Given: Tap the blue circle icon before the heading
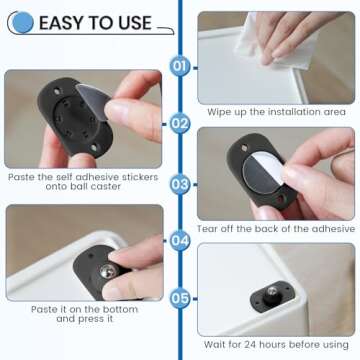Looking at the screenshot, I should coord(22,22).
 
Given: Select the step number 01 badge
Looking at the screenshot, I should coord(180,67).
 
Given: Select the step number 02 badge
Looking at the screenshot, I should coord(180,124).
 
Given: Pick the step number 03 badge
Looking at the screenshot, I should coord(180,183).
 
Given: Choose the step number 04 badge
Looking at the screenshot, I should coord(180,240).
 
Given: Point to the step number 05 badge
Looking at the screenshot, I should coord(180,297).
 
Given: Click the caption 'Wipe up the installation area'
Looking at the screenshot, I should coord(276,113).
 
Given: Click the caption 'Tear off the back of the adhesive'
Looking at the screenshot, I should coord(276,229).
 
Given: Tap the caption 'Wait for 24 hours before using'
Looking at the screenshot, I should coord(276,345).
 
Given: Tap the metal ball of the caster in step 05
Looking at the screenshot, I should coord(271,293).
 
